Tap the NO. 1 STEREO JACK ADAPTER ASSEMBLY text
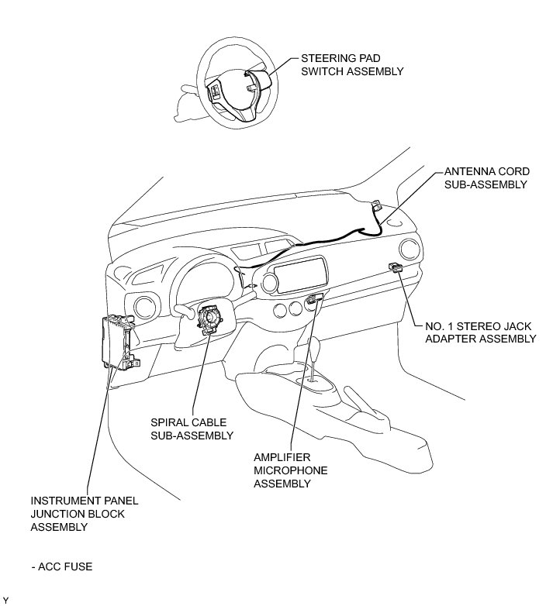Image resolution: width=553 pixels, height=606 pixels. tap(472, 332)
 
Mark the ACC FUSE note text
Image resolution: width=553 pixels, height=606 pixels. tap(62, 566)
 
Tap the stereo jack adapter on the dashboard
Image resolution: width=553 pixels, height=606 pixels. tap(396, 268)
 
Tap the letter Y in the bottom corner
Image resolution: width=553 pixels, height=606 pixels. tap(5, 599)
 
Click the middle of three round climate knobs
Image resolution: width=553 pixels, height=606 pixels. tap(294, 311)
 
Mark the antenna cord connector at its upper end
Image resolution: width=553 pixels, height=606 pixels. tap(376, 206)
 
